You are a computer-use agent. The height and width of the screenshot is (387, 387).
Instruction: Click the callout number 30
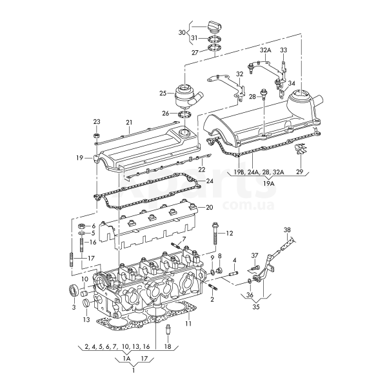pyautogui.click(x=182, y=32)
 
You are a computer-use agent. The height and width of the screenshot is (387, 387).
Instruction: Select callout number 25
pyautogui.click(x=163, y=93)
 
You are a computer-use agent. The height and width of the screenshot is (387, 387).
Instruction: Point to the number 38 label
pyautogui.click(x=288, y=230)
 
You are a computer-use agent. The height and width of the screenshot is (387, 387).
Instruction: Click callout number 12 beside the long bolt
pyautogui.click(x=230, y=233)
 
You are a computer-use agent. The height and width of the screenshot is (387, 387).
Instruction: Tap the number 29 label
pyautogui.click(x=299, y=172)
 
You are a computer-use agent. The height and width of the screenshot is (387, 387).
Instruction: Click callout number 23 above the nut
pyautogui.click(x=97, y=122)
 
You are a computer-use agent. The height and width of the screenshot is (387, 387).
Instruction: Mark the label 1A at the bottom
pyautogui.click(x=127, y=359)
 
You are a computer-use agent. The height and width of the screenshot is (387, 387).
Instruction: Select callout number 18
pyautogui.click(x=168, y=347)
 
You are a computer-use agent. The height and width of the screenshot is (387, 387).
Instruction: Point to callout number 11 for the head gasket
pyautogui.click(x=188, y=323)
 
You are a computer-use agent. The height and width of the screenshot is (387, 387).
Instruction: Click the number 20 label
pyautogui.click(x=209, y=208)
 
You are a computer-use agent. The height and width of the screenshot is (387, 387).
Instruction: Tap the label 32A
pyautogui.click(x=266, y=50)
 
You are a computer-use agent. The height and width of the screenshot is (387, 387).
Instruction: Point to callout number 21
pyautogui.click(x=128, y=122)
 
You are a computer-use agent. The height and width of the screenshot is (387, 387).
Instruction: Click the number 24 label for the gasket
pyautogui.click(x=209, y=182)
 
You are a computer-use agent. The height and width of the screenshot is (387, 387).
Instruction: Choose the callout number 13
pyautogui.click(x=86, y=320)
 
